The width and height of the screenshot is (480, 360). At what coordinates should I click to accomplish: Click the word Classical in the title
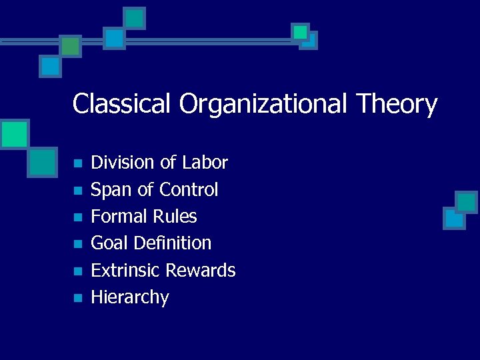click(122, 104)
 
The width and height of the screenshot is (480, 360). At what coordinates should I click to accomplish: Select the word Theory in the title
click(397, 104)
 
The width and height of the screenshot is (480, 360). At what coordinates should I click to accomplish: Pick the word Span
click(111, 190)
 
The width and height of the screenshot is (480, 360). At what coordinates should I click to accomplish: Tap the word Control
click(187, 190)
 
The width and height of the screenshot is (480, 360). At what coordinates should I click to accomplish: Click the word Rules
click(175, 217)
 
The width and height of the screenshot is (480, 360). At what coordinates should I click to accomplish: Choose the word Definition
click(173, 243)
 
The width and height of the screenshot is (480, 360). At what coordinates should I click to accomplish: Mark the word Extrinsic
click(125, 271)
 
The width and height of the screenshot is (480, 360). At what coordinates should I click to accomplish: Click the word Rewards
click(200, 271)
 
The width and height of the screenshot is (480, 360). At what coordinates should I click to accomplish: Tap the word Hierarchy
click(130, 297)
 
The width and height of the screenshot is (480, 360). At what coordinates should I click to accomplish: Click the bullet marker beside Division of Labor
click(78, 164)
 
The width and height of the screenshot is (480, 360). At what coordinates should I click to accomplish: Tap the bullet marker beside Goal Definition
click(78, 245)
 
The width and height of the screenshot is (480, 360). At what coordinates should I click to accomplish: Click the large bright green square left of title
click(14, 134)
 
